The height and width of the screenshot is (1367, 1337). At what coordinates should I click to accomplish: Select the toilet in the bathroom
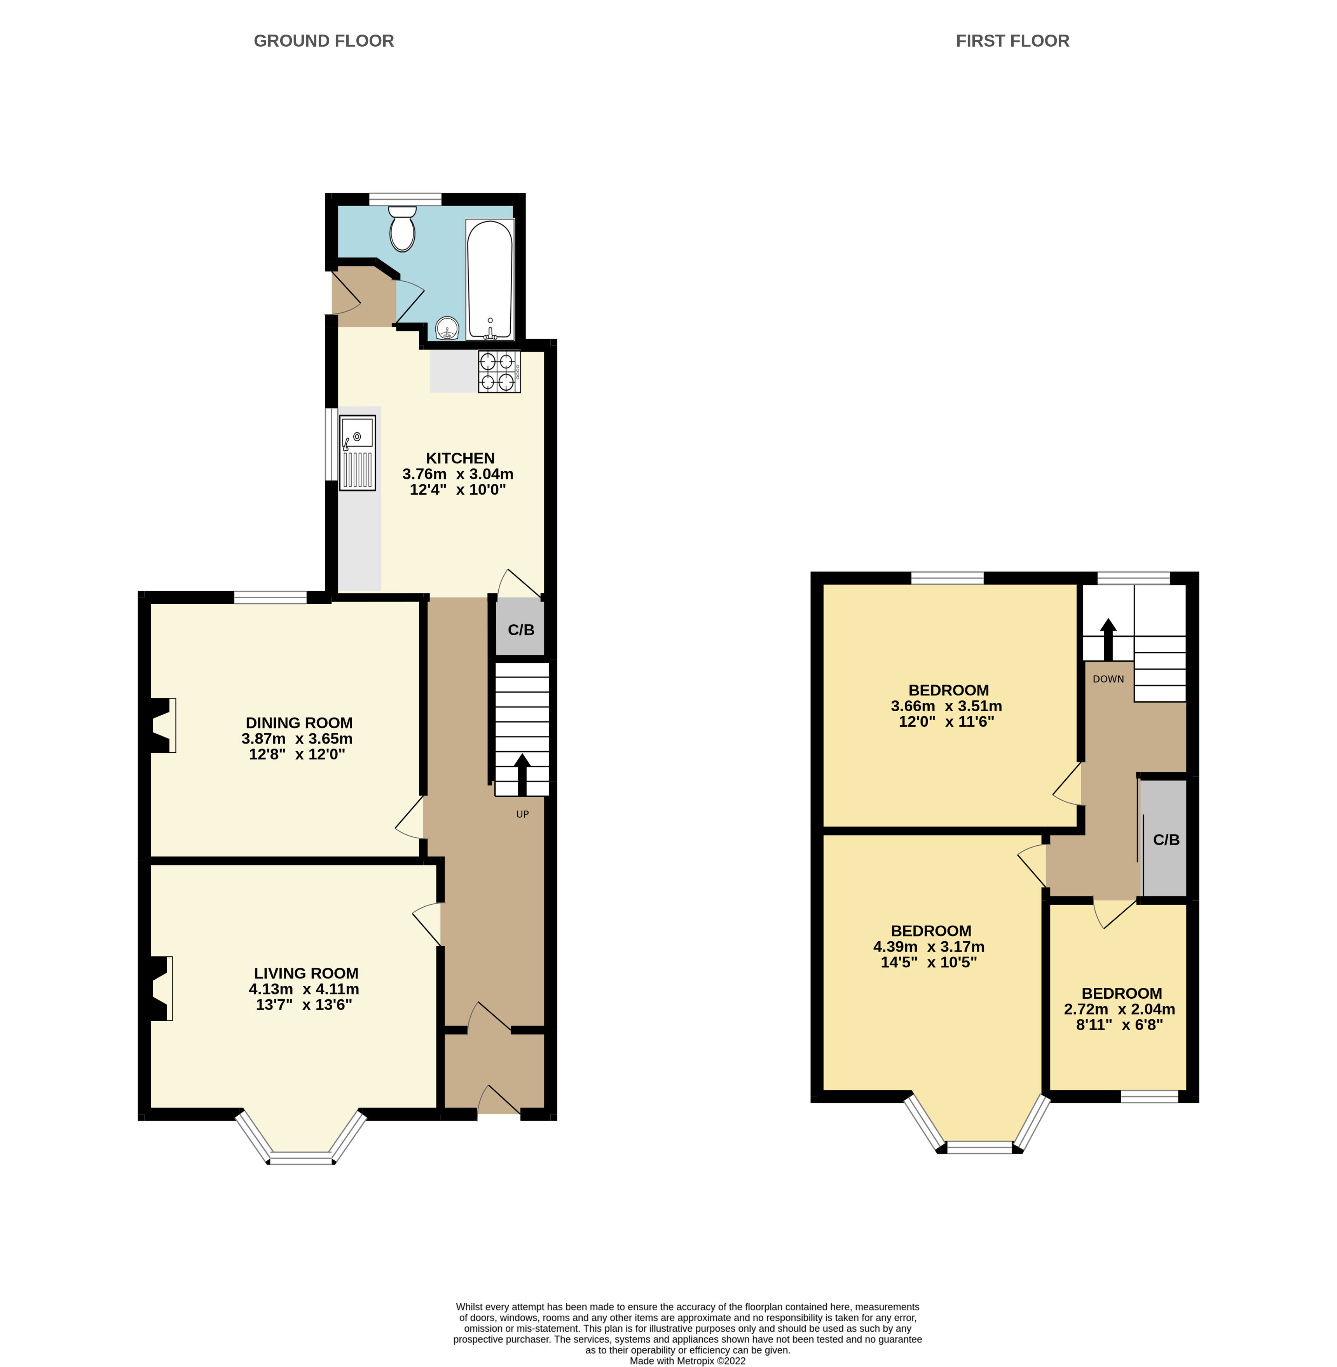(x=402, y=228)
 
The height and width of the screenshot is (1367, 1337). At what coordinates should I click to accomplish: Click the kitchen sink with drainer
(x=358, y=452)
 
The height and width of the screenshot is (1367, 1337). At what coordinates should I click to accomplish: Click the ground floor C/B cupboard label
(x=521, y=629)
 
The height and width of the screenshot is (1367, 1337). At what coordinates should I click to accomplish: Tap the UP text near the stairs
(x=522, y=814)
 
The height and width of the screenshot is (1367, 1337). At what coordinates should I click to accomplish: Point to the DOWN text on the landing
(x=1108, y=679)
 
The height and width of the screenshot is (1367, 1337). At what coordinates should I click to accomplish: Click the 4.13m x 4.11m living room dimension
(x=304, y=989)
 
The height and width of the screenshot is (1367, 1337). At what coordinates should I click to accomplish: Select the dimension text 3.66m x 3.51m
(x=946, y=706)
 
